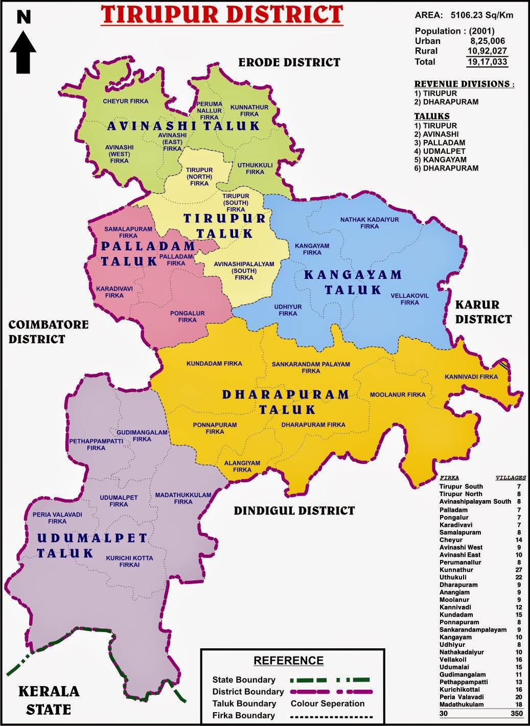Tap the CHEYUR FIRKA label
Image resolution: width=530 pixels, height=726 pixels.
(x=125, y=101)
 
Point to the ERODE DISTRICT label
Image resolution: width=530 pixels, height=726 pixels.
(x=289, y=62)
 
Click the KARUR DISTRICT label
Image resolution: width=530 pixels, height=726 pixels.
(x=483, y=312)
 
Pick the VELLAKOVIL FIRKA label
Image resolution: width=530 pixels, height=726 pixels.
(x=409, y=299)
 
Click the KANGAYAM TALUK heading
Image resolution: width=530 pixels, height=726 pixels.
(x=353, y=283)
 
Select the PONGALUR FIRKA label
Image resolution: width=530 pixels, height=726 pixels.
(x=188, y=317)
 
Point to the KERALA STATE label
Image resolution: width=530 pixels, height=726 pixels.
(x=49, y=700)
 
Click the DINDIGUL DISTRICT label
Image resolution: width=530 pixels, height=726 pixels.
(x=294, y=510)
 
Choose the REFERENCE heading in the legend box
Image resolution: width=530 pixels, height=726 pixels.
(x=288, y=661)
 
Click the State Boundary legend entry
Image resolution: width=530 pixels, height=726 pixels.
(x=244, y=680)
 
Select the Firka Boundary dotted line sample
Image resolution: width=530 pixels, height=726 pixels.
(x=331, y=716)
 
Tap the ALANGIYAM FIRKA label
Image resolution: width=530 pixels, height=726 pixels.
(x=242, y=466)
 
